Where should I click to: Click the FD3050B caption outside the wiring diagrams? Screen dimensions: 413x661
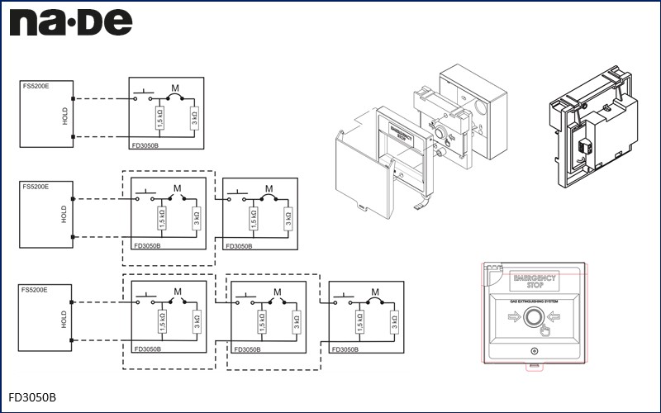(32, 397)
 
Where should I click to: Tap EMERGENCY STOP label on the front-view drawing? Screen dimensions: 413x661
(535, 279)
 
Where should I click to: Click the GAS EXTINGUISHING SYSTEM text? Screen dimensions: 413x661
(535, 301)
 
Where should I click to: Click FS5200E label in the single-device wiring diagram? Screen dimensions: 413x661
(36, 85)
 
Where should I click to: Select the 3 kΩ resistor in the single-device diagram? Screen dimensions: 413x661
(194, 119)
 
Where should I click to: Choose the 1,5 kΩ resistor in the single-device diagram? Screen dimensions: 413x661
(159, 119)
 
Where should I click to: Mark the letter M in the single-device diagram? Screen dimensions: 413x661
(175, 88)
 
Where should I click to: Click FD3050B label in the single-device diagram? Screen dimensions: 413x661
(147, 145)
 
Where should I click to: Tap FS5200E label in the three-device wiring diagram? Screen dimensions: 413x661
(36, 291)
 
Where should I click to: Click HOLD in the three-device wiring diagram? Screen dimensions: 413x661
(64, 319)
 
